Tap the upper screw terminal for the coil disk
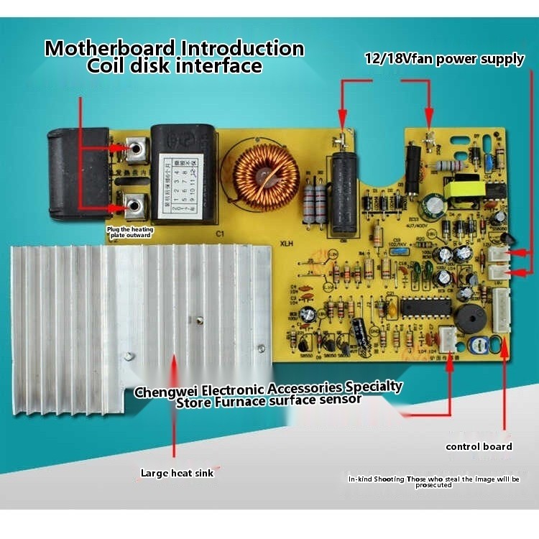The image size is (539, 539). (x=135, y=149)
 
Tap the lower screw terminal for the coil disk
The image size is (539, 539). (x=134, y=208)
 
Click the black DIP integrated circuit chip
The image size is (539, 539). (x=425, y=307)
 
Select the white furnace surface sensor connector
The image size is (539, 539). (x=448, y=338)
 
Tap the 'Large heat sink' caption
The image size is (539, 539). (x=177, y=473)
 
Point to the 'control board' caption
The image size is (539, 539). (x=479, y=446)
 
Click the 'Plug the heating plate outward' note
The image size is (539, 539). (x=129, y=231)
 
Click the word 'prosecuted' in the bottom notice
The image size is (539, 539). (x=433, y=485)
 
